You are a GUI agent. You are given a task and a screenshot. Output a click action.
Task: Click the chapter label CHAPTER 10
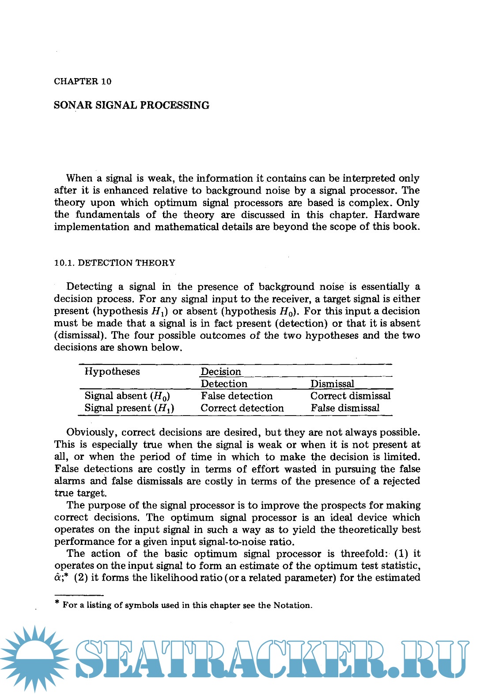click(x=83, y=82)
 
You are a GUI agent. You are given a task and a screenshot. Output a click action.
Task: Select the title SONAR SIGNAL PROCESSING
click(x=132, y=105)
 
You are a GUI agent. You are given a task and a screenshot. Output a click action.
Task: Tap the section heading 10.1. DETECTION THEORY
click(x=114, y=263)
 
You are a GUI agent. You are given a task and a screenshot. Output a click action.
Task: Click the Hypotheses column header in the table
click(x=112, y=371)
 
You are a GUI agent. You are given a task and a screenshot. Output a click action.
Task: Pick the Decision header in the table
click(x=221, y=371)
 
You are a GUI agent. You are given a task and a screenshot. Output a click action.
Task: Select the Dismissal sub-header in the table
click(x=332, y=384)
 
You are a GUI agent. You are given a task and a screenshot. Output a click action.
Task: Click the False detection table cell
click(x=237, y=396)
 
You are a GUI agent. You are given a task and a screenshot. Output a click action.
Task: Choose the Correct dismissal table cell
click(x=351, y=396)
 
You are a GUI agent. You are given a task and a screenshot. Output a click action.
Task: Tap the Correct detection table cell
click(x=242, y=408)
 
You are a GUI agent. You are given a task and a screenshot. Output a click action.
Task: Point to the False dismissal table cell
click(x=345, y=408)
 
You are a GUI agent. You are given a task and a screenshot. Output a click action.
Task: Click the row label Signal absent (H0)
click(x=127, y=396)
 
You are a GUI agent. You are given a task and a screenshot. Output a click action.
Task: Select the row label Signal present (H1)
click(x=129, y=408)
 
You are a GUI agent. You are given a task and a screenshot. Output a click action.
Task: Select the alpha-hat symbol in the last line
click(x=59, y=578)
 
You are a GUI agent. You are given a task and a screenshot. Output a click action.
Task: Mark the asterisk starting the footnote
click(x=57, y=603)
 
